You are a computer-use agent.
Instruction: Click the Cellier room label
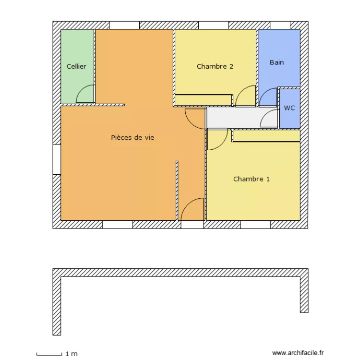click(x=76, y=66)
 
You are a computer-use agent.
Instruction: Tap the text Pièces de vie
click(x=132, y=137)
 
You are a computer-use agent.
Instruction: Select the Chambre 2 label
click(x=215, y=66)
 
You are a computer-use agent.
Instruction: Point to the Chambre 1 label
click(x=251, y=179)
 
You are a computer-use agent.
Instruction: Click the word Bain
click(x=276, y=62)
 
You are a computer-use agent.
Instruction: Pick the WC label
click(x=289, y=108)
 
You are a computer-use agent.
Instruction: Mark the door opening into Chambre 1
click(x=217, y=140)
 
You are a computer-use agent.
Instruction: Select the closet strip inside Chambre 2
click(x=203, y=100)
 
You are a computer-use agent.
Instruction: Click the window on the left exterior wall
click(x=57, y=159)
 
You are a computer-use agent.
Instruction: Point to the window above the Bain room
click(x=280, y=25)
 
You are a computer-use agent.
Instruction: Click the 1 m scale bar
click(x=49, y=354)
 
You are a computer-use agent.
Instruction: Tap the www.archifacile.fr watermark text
click(x=298, y=352)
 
